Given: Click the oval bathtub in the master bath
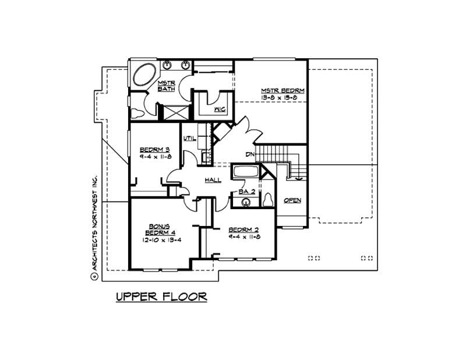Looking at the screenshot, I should (x=143, y=75).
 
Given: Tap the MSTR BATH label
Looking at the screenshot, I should (x=167, y=86).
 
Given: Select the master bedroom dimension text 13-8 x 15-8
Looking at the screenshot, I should (x=283, y=98).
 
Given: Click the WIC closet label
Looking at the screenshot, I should (x=219, y=109).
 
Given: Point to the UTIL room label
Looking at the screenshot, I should (x=189, y=138).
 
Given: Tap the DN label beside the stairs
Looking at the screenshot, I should (x=250, y=154).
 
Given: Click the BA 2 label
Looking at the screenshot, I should (x=248, y=191).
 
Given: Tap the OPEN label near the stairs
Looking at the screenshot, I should (x=292, y=200).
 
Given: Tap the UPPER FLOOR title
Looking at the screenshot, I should (x=161, y=297).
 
